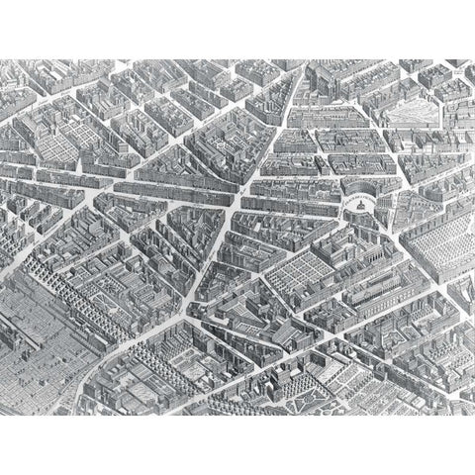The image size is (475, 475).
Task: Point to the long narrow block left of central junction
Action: (168, 188)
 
